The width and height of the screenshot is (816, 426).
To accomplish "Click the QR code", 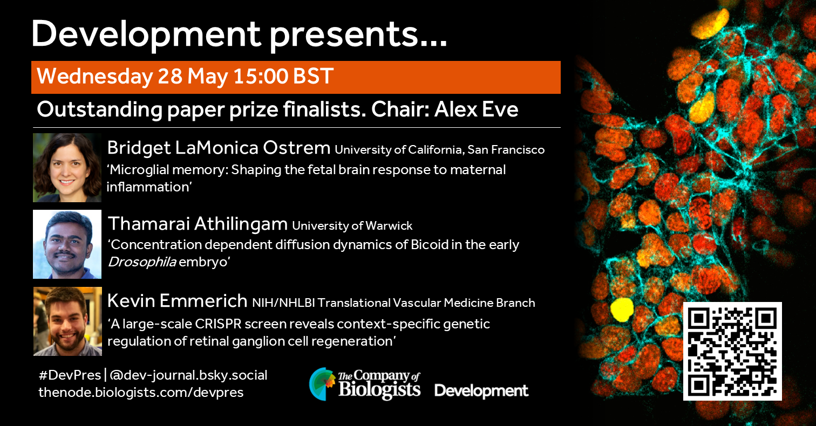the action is pyautogui.click(x=732, y=351).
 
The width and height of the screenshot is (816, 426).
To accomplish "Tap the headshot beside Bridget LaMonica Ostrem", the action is pyautogui.click(x=67, y=168).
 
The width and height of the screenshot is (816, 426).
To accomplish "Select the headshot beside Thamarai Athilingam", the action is pyautogui.click(x=67, y=244).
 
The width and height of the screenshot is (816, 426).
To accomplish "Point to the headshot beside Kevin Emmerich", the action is pyautogui.click(x=68, y=321).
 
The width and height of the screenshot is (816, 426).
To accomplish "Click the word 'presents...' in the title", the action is pyautogui.click(x=358, y=35).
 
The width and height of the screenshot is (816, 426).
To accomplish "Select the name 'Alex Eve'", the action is pyautogui.click(x=476, y=109).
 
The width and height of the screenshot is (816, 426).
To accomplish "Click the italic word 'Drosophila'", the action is pyautogui.click(x=142, y=262).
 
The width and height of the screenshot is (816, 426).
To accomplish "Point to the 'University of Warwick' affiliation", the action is pyautogui.click(x=352, y=226).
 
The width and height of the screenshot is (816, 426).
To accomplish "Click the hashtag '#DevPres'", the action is pyautogui.click(x=70, y=375).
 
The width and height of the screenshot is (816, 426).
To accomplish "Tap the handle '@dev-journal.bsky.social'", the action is pyautogui.click(x=188, y=375).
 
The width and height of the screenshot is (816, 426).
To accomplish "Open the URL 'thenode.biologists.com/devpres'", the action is pyautogui.click(x=141, y=393).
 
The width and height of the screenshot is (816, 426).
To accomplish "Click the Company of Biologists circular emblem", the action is pyautogui.click(x=321, y=384).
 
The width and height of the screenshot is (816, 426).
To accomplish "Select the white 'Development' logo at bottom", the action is pyautogui.click(x=481, y=391).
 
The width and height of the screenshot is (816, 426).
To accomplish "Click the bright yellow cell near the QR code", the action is pyautogui.click(x=622, y=310).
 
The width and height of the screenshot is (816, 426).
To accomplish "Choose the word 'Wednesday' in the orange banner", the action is pyautogui.click(x=95, y=77).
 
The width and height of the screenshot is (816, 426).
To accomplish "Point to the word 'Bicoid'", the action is pyautogui.click(x=429, y=244).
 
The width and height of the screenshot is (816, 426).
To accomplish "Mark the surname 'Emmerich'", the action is pyautogui.click(x=203, y=301).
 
